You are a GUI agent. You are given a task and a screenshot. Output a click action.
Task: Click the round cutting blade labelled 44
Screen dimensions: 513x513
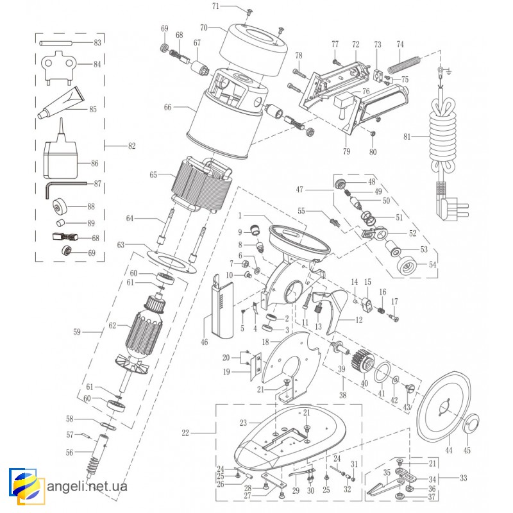pyautogui.click(x=445, y=404)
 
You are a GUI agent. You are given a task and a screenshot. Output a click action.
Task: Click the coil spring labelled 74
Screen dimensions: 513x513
pyautogui.click(x=404, y=63)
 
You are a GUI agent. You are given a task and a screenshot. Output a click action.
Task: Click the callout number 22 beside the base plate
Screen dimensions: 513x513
pyautogui.click(x=185, y=433)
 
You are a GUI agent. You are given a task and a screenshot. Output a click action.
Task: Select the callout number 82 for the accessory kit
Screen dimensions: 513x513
pyautogui.click(x=132, y=146)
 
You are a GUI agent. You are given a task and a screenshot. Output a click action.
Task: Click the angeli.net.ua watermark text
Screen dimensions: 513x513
pyautogui.click(x=87, y=486)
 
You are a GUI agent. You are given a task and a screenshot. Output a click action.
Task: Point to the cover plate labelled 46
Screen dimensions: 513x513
pyautogui.click(x=217, y=301)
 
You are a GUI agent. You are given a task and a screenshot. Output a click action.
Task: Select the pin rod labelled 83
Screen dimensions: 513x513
pyautogui.click(x=64, y=43)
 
